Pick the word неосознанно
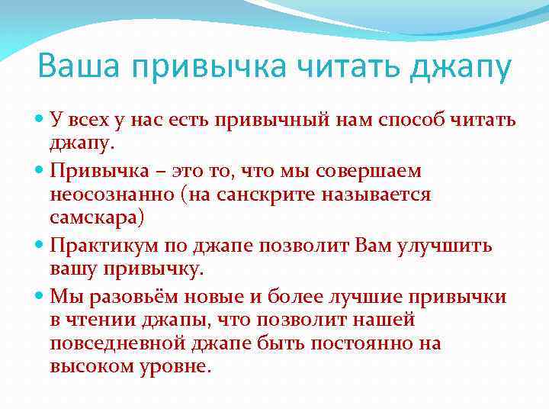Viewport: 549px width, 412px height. (x=101, y=195)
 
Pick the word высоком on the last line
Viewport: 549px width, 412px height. (x=91, y=368)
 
